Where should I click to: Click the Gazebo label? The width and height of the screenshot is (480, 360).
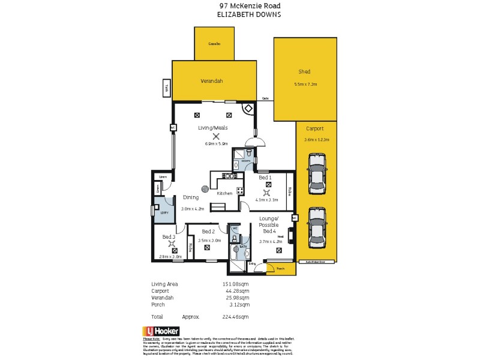tap(214, 44)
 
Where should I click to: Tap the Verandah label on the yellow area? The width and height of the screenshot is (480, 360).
tap(211, 81)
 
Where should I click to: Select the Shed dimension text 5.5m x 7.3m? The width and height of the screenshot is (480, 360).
tap(305, 84)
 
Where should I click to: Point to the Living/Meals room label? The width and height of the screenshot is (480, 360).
tap(212, 128)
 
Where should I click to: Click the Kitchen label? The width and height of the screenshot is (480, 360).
tap(224, 193)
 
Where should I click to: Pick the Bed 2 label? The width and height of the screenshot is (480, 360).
tap(208, 231)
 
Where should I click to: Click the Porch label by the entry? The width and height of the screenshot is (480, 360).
tap(280, 269)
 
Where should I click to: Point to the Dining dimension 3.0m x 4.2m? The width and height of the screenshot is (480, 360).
tap(193, 209)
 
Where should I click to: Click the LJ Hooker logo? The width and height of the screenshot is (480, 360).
tap(161, 331)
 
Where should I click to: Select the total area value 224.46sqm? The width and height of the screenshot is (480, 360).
tap(235, 316)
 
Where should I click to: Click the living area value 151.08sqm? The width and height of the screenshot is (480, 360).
tap(235, 284)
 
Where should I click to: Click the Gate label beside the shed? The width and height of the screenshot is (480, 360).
tap(265, 99)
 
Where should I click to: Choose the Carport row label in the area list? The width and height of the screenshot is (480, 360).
tap(160, 290)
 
